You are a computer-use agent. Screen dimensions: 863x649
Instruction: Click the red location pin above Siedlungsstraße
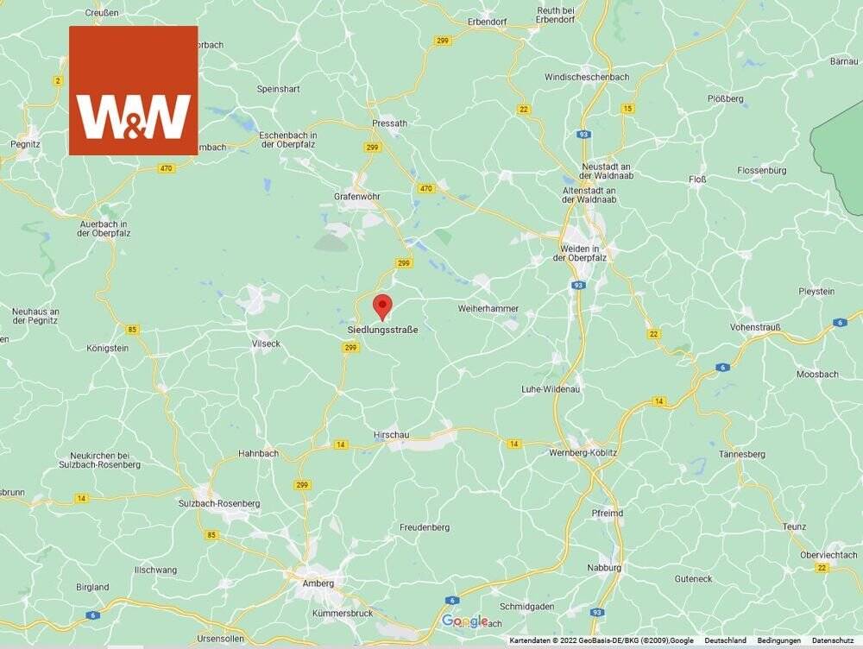click(382, 306)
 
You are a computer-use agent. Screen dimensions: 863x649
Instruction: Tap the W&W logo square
click(134, 91)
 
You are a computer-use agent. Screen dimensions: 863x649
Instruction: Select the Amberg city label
click(318, 583)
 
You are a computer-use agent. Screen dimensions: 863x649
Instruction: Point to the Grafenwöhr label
click(357, 197)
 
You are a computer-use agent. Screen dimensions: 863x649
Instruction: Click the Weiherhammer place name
click(488, 307)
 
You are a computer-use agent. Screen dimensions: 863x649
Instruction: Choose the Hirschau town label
click(391, 435)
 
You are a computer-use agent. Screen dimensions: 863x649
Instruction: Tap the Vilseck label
click(266, 343)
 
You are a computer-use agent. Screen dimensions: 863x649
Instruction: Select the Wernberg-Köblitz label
click(583, 452)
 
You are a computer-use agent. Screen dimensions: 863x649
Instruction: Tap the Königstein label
click(108, 349)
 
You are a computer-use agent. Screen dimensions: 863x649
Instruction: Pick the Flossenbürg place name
click(762, 171)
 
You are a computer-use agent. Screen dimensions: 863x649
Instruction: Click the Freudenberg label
click(425, 526)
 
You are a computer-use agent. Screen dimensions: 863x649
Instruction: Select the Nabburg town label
click(604, 568)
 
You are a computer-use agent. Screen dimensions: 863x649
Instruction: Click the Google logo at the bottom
click(465, 621)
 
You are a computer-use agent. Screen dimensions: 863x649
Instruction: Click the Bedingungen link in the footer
click(778, 640)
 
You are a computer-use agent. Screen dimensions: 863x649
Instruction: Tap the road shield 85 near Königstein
click(132, 329)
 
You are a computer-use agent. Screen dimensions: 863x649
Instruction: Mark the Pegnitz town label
click(25, 144)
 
